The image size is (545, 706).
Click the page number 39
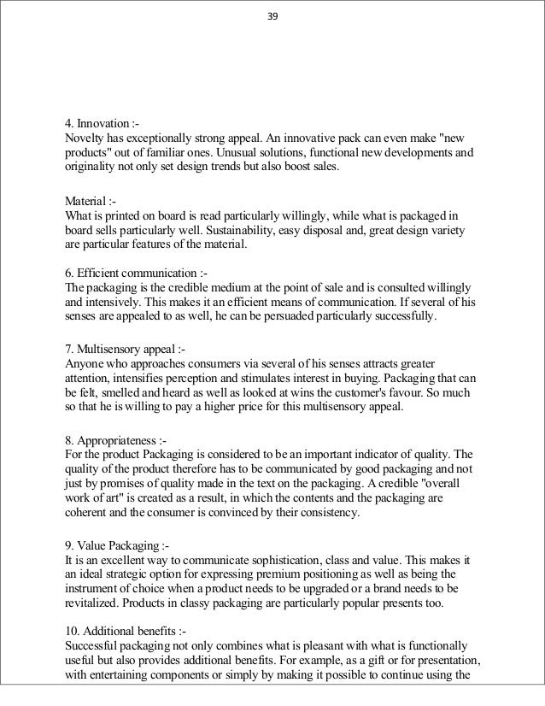click(x=272, y=14)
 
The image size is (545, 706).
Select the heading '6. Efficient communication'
click(x=136, y=273)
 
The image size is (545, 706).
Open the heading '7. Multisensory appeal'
click(x=126, y=349)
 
